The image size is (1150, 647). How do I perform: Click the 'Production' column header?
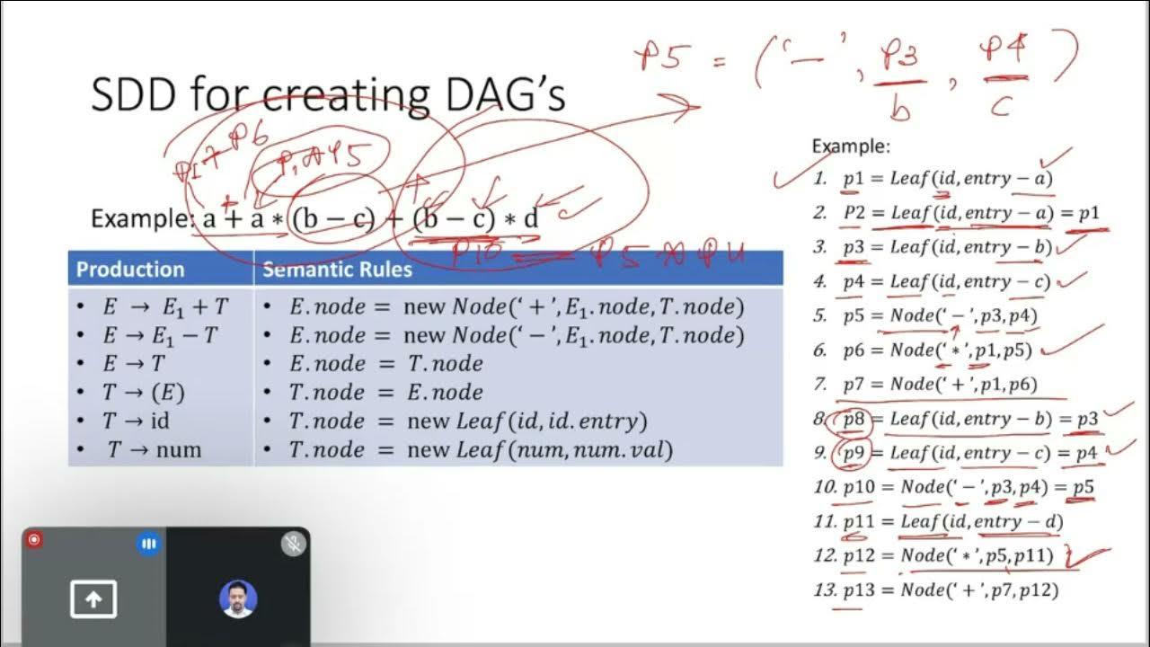pyautogui.click(x=130, y=270)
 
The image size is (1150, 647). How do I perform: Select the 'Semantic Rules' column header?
pyautogui.click(x=337, y=270)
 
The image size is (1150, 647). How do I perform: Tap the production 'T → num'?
pyautogui.click(x=154, y=449)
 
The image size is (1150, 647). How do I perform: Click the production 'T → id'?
pyautogui.click(x=136, y=421)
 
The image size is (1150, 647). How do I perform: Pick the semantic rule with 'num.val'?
pyautogui.click(x=480, y=449)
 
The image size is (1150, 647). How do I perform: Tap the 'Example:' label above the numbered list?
pyautogui.click(x=850, y=146)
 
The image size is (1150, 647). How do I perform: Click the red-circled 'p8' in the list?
pyautogui.click(x=854, y=419)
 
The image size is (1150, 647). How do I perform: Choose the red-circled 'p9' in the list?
pyautogui.click(x=854, y=453)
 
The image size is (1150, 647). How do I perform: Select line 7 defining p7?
pyautogui.click(x=939, y=385)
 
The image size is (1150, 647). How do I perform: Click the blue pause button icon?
pyautogui.click(x=148, y=544)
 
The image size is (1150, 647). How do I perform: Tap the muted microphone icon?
pyautogui.click(x=293, y=543)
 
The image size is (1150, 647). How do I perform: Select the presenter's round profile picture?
pyautogui.click(x=238, y=598)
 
